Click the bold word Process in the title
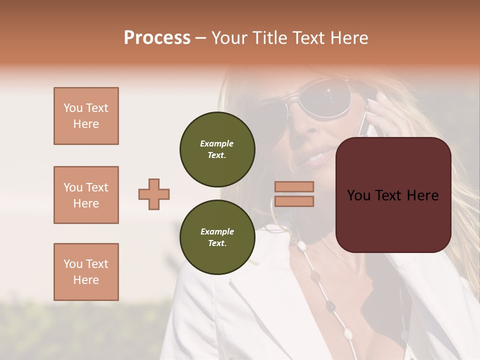(157, 38)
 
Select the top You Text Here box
(86, 116)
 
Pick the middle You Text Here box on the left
(86, 195)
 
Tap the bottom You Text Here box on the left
(86, 272)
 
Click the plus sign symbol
(154, 194)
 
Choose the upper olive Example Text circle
(217, 149)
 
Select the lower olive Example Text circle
(217, 237)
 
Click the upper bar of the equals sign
(294, 186)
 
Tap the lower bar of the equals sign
(294, 201)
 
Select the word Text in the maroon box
(393, 195)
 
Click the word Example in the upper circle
(217, 144)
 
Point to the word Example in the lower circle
(217, 232)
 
